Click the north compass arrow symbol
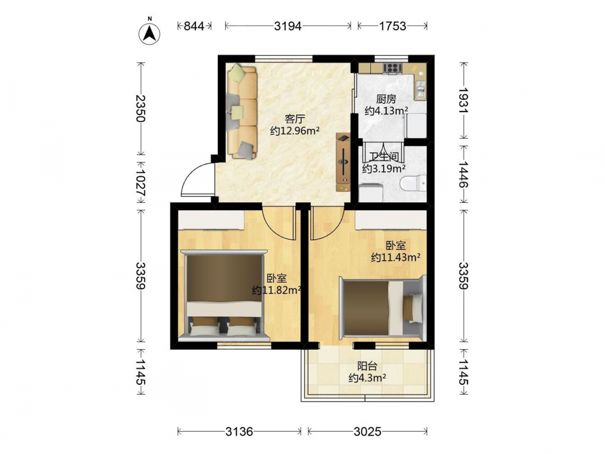pyautogui.click(x=149, y=33)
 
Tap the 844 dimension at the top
pyautogui.click(x=194, y=26)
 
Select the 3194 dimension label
pyautogui.click(x=288, y=26)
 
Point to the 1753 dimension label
pyautogui.click(x=393, y=26)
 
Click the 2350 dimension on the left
pyautogui.click(x=141, y=108)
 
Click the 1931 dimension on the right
pyautogui.click(x=463, y=100)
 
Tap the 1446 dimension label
pyautogui.click(x=463, y=174)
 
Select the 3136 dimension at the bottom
pyautogui.click(x=239, y=431)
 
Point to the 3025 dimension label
pyautogui.click(x=367, y=431)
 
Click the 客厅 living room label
pyautogui.click(x=295, y=119)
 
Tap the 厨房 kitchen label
pyautogui.click(x=386, y=99)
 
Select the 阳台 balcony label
pyautogui.click(x=367, y=366)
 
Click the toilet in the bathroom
pyautogui.click(x=413, y=183)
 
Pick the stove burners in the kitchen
pyautogui.click(x=393, y=68)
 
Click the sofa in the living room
pyautogui.click(x=242, y=112)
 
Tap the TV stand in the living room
pyautogui.click(x=343, y=162)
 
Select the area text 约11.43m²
pyautogui.click(x=396, y=257)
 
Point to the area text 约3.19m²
pyautogui.click(x=384, y=168)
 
